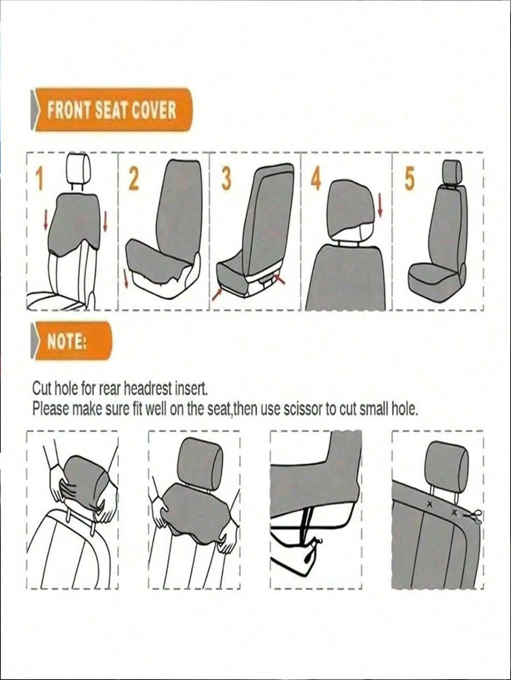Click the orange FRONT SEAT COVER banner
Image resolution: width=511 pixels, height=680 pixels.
111,110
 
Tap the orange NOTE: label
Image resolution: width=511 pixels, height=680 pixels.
71,341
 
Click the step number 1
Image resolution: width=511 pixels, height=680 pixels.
40,179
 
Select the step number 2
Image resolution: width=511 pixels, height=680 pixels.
133,179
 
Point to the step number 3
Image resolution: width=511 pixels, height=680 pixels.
225,179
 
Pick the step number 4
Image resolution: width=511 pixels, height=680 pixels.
316,179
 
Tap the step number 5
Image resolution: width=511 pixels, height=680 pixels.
410,179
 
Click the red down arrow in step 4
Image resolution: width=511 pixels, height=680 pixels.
380,205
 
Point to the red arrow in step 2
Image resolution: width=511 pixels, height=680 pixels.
126,277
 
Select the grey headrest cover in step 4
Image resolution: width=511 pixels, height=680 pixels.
351,208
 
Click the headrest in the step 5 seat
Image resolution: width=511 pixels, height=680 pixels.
451,172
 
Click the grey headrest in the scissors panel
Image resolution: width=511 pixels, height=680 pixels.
448,462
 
